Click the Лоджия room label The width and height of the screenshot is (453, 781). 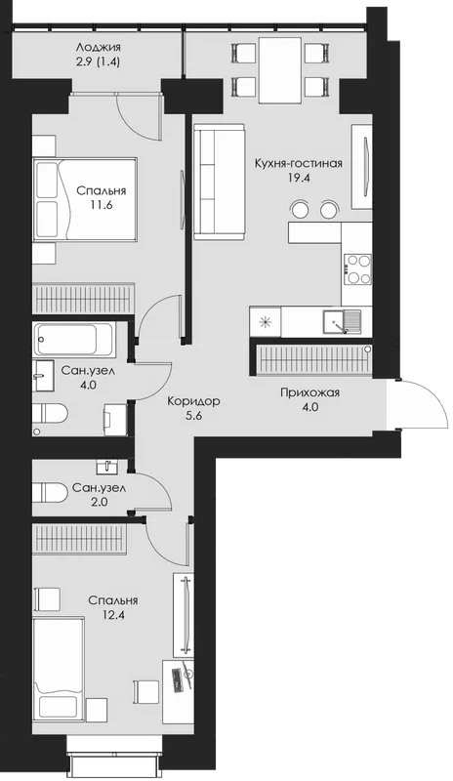(x=99, y=48)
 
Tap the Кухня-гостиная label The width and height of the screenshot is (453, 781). (x=298, y=163)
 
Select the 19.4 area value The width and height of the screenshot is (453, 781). (x=299, y=178)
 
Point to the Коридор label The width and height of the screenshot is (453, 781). (x=193, y=401)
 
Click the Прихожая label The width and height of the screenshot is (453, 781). (x=309, y=393)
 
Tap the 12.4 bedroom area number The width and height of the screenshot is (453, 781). (x=112, y=615)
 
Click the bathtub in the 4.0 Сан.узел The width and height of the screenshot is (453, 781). (x=74, y=339)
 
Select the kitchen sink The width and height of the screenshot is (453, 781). (x=342, y=321)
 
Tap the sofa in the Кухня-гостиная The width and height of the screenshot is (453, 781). (x=220, y=182)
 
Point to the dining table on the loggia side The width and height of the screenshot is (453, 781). (x=280, y=69)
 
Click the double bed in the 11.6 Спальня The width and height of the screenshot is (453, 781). (x=85, y=199)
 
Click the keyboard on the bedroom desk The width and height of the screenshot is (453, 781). (x=177, y=678)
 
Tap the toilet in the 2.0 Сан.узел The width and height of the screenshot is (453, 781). (x=50, y=493)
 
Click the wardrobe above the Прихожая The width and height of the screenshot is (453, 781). (x=312, y=359)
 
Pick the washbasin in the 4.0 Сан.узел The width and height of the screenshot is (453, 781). (x=43, y=376)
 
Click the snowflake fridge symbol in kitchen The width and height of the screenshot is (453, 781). (x=266, y=321)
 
